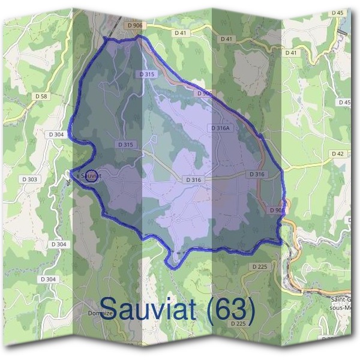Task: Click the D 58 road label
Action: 41,95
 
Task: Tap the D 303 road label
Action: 29,179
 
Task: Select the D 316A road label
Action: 221,128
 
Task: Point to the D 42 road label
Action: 338,154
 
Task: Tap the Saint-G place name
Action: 345,299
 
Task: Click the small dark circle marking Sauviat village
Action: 91,176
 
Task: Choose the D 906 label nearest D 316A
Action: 204,94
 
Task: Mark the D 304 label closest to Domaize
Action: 50,279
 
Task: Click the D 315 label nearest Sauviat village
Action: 125,145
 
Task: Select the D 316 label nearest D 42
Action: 256,174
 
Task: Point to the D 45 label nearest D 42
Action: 344,103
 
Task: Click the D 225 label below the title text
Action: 238,323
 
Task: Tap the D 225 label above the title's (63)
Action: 259,266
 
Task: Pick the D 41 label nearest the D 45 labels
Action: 291,53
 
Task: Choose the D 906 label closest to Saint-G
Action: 277,210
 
